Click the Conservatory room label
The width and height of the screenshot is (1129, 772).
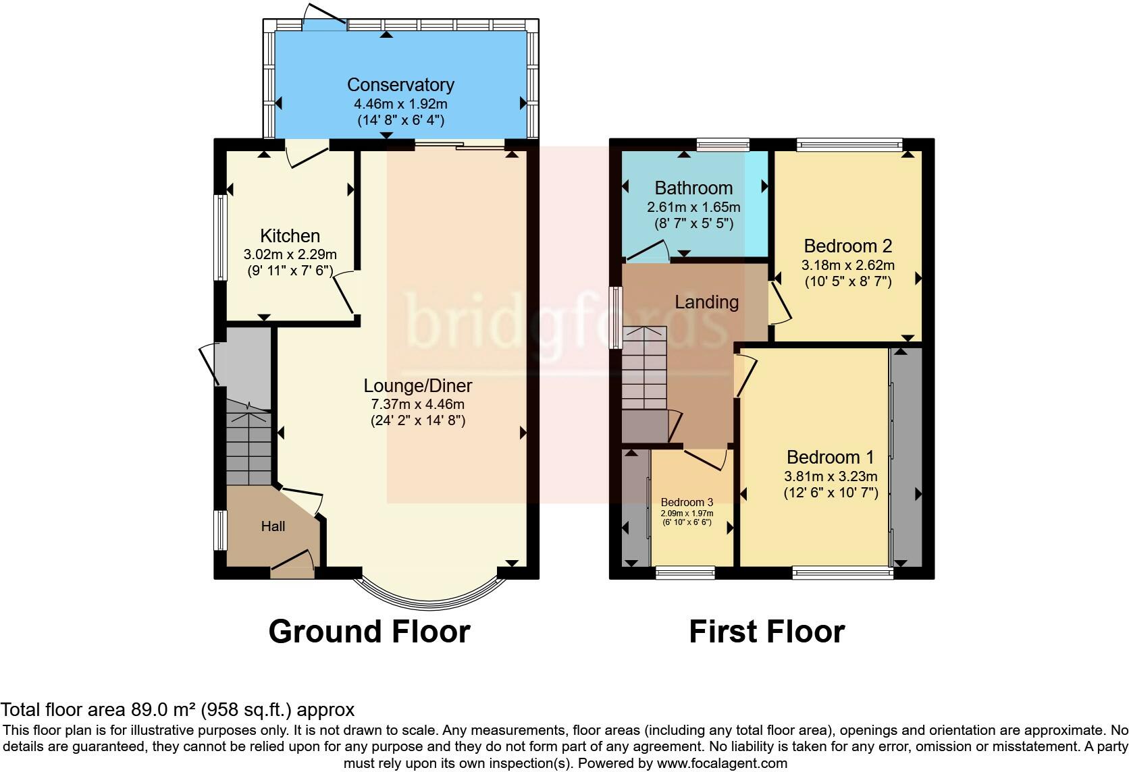[400, 84]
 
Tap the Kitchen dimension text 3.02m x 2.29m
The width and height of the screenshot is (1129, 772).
[290, 254]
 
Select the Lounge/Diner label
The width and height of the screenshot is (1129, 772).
[418, 386]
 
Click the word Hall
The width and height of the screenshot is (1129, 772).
[273, 526]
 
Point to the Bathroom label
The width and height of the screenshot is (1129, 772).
[693, 188]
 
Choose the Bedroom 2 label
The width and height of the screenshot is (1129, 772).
[847, 246]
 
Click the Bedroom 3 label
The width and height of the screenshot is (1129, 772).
[687, 502]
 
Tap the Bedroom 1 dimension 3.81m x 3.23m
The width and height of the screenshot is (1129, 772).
[831, 476]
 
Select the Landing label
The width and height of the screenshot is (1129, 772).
[706, 302]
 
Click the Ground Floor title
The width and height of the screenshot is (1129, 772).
[369, 632]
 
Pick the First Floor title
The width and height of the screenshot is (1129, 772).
[766, 632]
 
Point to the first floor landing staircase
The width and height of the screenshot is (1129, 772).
[644, 368]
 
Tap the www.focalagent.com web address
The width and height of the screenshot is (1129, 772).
[723, 763]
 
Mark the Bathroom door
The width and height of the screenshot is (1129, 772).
[648, 251]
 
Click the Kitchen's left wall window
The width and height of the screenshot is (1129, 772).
[220, 237]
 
